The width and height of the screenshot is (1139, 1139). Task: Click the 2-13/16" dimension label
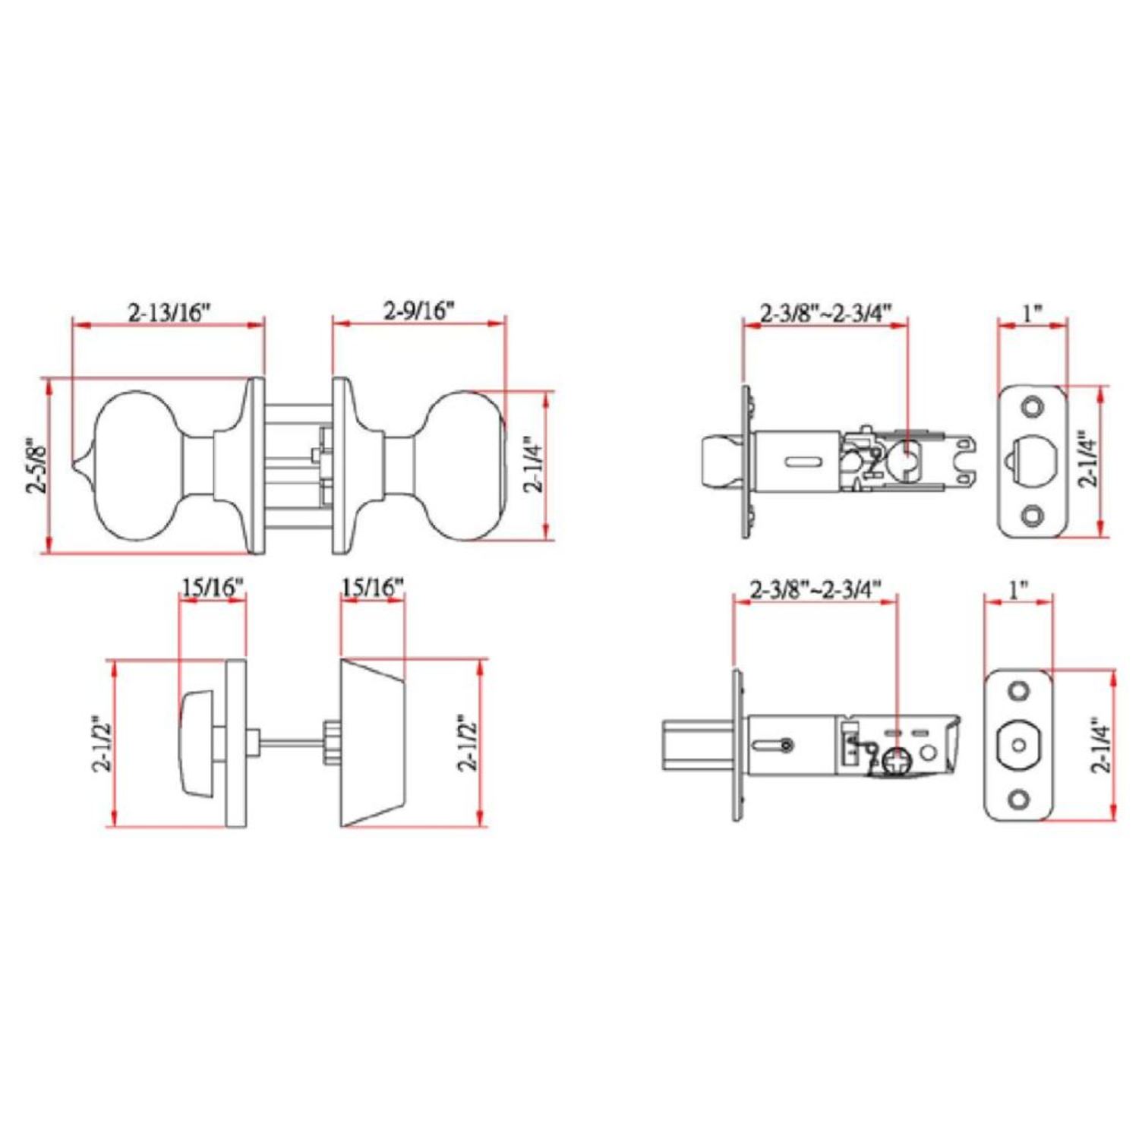[168, 312]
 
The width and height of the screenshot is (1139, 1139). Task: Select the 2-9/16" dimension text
[418, 311]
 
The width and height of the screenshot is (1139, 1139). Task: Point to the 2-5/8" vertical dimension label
[37, 465]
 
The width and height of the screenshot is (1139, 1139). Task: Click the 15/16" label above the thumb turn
[213, 587]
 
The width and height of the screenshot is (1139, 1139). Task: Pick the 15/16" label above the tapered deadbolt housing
[372, 587]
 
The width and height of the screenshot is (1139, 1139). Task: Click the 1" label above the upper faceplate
[1031, 312]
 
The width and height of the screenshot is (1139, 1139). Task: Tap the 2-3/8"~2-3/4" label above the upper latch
[825, 313]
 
